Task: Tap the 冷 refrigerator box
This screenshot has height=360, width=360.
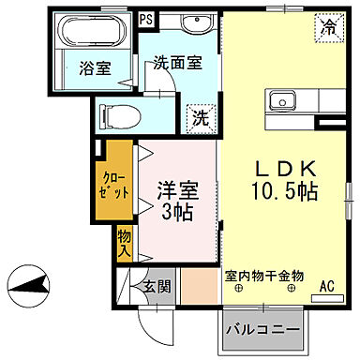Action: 328,27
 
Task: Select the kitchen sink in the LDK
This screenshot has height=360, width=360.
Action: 281,101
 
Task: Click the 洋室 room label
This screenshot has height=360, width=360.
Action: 179,187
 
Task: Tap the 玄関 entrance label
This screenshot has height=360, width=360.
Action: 157,287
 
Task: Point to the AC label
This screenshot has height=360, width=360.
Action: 327,286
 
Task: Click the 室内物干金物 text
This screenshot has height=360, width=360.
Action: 264,276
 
